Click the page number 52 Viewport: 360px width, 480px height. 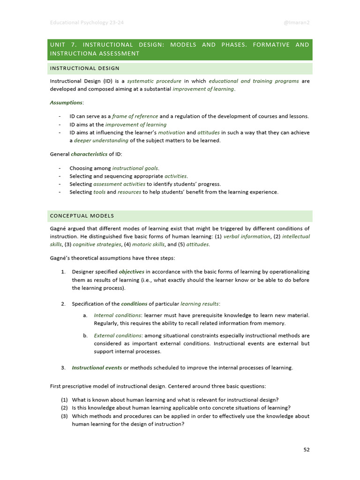(307, 450)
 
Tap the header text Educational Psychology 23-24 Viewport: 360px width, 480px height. (87, 22)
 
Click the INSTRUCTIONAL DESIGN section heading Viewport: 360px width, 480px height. (85, 68)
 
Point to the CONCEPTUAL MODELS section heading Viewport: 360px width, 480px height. (82, 216)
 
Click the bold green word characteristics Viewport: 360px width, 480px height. (89, 154)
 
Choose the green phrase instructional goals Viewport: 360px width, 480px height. (135, 168)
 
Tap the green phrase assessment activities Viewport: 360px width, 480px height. (119, 184)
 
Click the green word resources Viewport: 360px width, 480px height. (129, 192)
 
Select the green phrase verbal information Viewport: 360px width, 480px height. (247, 237)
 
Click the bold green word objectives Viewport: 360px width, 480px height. (132, 272)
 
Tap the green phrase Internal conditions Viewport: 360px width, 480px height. (117, 315)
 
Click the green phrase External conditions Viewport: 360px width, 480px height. (118, 336)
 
